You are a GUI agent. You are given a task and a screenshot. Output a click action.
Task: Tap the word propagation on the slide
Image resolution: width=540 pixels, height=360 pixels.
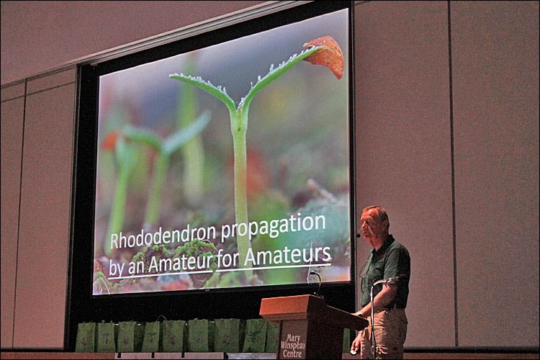273,225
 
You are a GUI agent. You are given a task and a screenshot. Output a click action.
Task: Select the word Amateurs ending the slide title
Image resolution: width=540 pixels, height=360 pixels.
287,256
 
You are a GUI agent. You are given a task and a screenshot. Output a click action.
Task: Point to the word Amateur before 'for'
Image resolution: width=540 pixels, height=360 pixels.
180,264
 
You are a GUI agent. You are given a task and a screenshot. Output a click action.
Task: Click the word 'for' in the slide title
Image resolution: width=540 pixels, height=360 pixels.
228,259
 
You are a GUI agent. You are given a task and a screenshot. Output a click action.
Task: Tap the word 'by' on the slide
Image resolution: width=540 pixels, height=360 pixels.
116,270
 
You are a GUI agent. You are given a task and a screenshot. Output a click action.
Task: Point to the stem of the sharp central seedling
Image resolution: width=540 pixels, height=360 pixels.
240,183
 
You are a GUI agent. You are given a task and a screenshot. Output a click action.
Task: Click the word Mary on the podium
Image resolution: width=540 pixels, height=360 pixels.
294,338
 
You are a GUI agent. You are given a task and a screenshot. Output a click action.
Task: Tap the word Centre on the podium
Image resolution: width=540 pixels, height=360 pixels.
292,353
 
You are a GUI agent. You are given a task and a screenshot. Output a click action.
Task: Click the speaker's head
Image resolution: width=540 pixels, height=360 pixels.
374,222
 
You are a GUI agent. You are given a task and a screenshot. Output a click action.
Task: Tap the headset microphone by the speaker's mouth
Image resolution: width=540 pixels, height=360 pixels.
359,235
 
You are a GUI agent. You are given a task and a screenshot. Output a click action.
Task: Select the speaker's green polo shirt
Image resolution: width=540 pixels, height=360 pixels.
386,272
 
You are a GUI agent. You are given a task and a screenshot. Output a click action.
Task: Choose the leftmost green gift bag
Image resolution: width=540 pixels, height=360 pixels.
85,337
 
